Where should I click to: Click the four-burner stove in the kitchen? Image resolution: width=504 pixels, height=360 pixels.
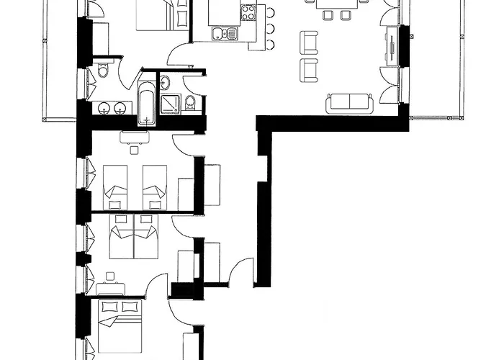coord(248,12)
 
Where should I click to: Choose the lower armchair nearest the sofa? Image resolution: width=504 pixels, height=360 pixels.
coord(310,69)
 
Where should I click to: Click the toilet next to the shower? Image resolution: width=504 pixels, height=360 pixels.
coord(190,103)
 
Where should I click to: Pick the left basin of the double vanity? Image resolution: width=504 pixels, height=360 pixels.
coord(105,109)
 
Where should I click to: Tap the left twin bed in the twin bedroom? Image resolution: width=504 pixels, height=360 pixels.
coord(116,183)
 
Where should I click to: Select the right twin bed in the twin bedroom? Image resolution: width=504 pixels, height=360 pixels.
coord(155,183)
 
